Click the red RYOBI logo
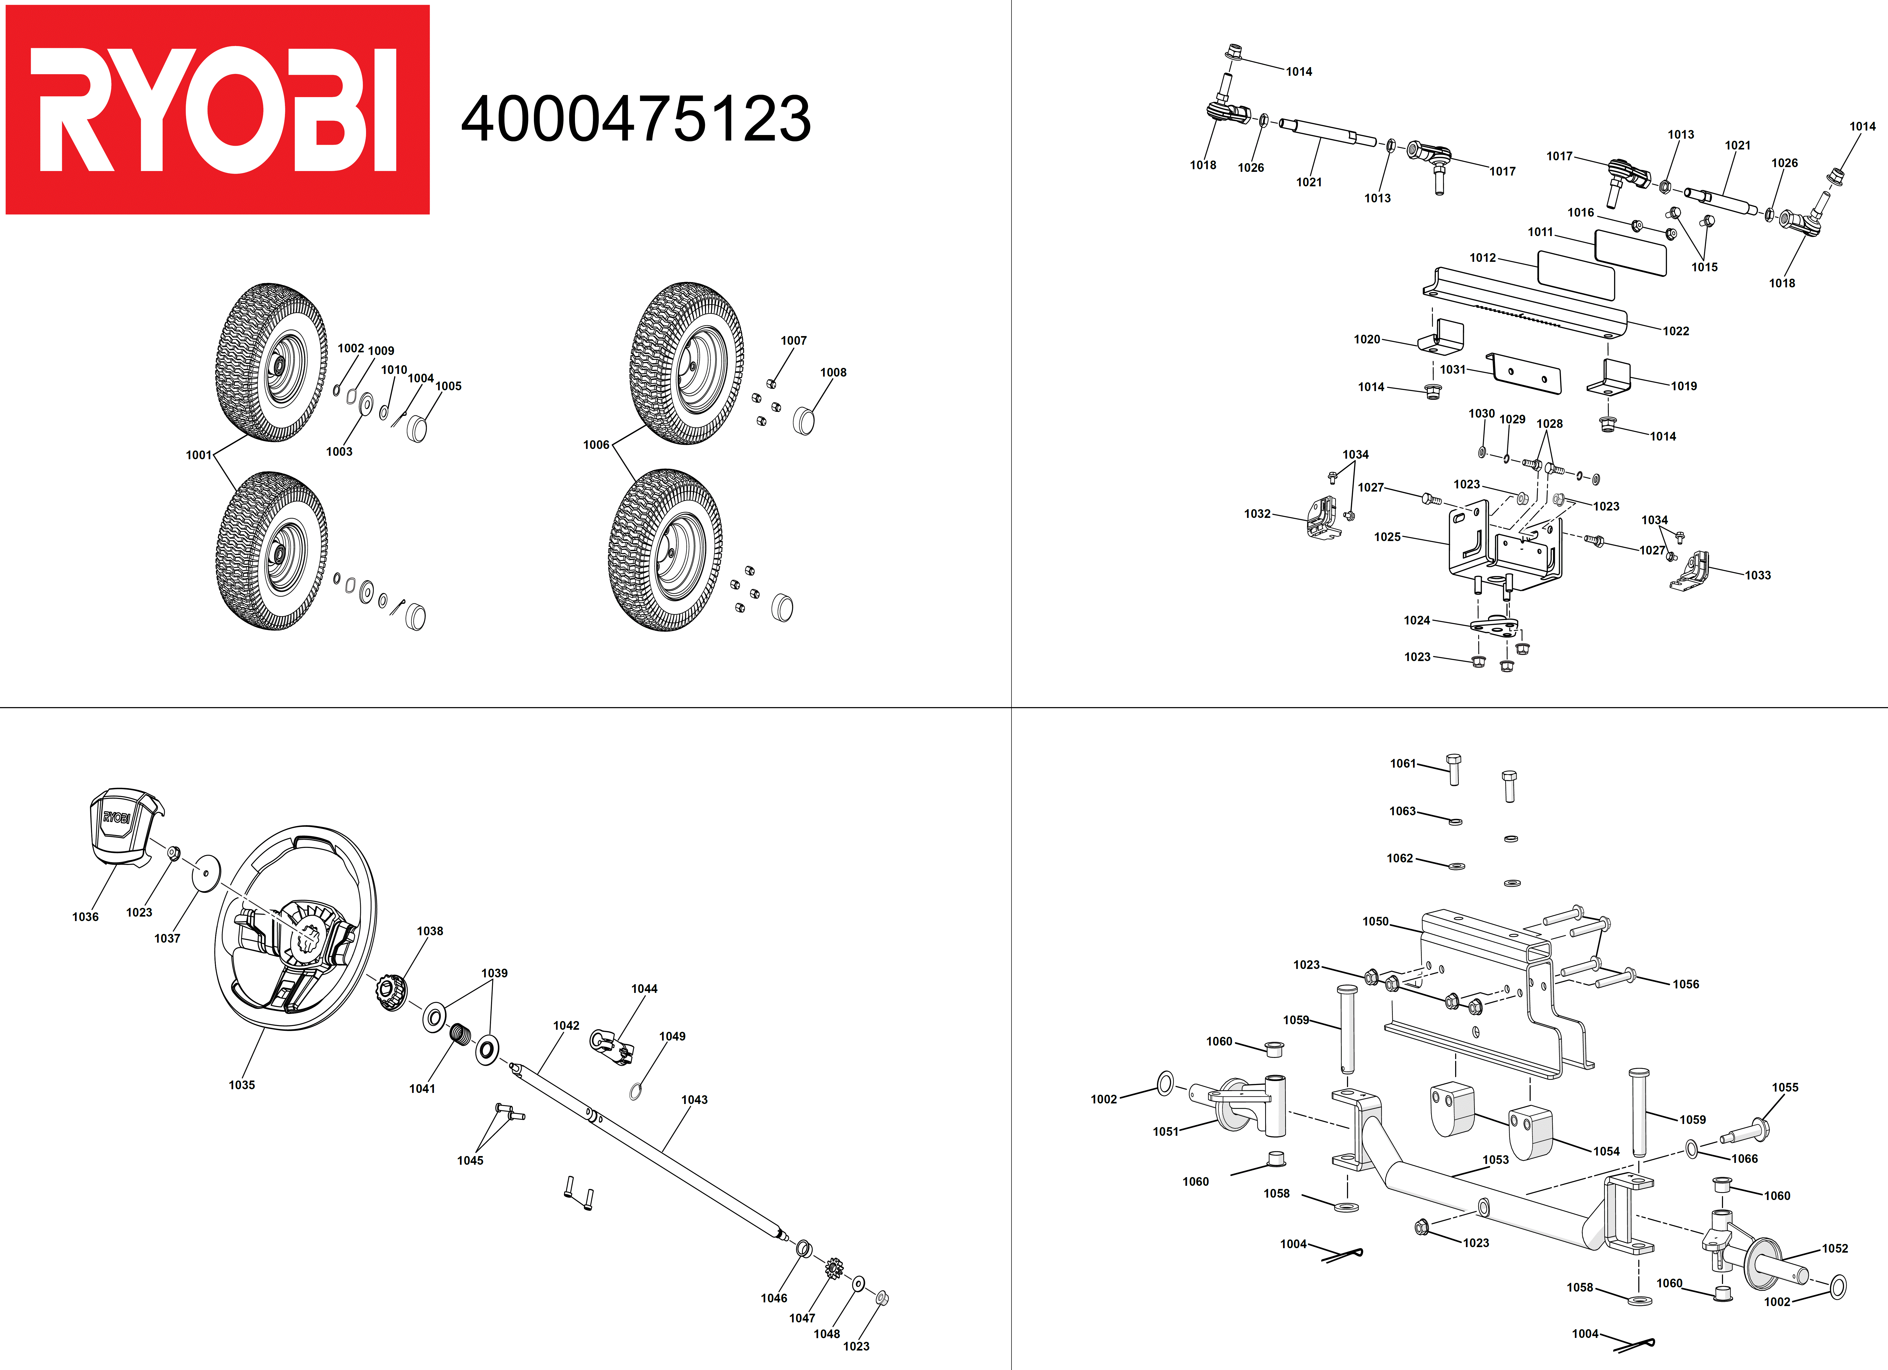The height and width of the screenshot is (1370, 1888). pos(217,110)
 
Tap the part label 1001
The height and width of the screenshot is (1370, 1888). pos(198,455)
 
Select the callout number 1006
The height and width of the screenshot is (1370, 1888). pos(596,445)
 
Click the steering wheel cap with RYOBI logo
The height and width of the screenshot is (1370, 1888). pos(123,827)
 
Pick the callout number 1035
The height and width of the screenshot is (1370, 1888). pos(241,1085)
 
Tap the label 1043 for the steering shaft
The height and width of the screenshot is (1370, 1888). pos(694,1100)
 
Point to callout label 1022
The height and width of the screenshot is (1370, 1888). pos(1676,331)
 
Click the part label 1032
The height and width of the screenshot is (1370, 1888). pos(1257,514)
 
